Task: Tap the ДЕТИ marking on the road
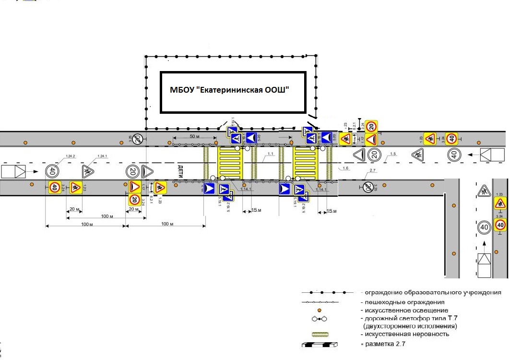click(x=180, y=171)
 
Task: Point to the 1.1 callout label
click(x=270, y=154)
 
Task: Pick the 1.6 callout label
click(x=346, y=168)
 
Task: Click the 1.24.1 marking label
click(x=102, y=156)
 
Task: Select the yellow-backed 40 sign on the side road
click(x=500, y=224)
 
